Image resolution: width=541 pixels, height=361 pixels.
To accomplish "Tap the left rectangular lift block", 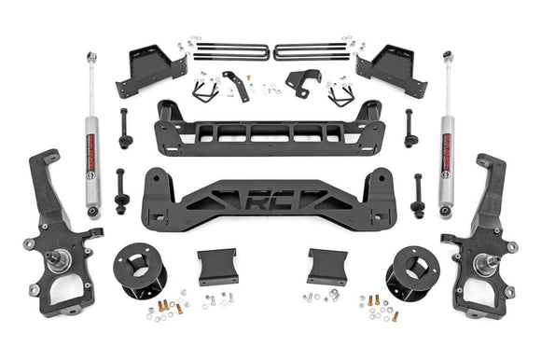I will pyautogui.click(x=216, y=266).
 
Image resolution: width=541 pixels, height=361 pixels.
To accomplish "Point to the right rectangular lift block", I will pyautogui.click(x=328, y=266).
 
